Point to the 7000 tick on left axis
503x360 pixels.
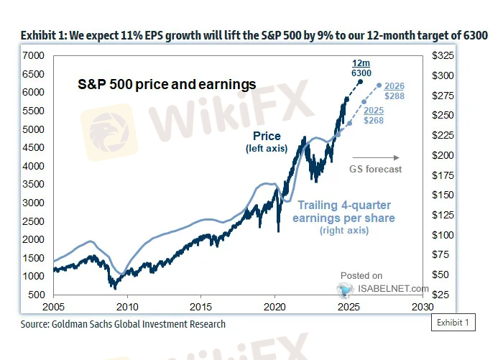click(x=34, y=55)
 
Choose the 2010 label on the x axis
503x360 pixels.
click(x=127, y=307)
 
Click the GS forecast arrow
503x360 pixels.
click(x=385, y=157)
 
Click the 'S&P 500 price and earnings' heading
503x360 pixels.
click(x=167, y=85)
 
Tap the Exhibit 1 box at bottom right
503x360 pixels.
click(x=453, y=323)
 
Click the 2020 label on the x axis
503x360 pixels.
click(x=275, y=307)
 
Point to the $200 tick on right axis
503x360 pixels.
click(x=441, y=155)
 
